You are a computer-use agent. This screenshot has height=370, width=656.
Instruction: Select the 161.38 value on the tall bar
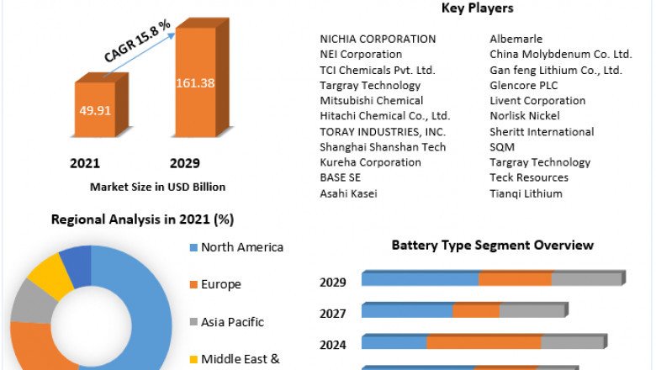[194, 82]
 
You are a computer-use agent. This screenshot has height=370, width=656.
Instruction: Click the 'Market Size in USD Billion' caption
[157, 187]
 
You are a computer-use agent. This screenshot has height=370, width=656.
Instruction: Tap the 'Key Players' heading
[477, 8]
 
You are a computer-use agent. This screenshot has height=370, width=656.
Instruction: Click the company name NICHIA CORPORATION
[378, 39]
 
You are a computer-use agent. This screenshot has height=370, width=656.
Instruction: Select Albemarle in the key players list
[516, 39]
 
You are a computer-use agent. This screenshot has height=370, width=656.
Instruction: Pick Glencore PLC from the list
[523, 85]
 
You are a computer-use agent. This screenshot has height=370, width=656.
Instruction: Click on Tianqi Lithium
[526, 193]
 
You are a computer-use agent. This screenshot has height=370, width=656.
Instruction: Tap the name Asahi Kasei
[348, 193]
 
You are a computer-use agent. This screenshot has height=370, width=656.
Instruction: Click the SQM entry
[502, 147]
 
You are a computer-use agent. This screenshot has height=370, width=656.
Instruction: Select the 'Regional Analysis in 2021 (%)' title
[142, 219]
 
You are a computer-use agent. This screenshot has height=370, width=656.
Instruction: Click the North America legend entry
[241, 247]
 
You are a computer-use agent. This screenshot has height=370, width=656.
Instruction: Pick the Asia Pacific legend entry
[232, 322]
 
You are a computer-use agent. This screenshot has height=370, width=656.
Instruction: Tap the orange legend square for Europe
[193, 285]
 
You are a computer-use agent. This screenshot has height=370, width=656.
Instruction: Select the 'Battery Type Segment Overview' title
[492, 246]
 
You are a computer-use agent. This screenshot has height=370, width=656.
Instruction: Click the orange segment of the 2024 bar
[483, 342]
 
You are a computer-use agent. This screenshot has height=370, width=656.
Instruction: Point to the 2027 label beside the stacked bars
[333, 313]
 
